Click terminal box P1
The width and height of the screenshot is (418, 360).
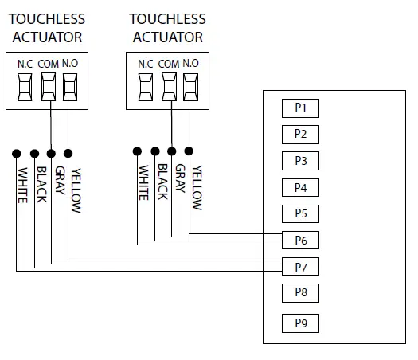(300, 108)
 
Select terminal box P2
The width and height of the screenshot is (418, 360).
(300, 134)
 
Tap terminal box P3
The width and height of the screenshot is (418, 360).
(300, 161)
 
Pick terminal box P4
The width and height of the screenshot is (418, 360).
(300, 188)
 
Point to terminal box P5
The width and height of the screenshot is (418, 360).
(300, 214)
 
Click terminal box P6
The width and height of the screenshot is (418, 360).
(300, 240)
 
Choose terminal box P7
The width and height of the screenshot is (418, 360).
(300, 266)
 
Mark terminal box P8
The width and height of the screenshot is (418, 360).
(300, 292)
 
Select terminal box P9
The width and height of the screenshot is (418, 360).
(300, 323)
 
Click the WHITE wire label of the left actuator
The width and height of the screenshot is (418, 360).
(23, 186)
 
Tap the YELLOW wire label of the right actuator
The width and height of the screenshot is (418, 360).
(197, 188)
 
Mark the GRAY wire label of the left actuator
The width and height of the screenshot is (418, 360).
(59, 181)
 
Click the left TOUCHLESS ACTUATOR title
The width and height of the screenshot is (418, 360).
(47, 28)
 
